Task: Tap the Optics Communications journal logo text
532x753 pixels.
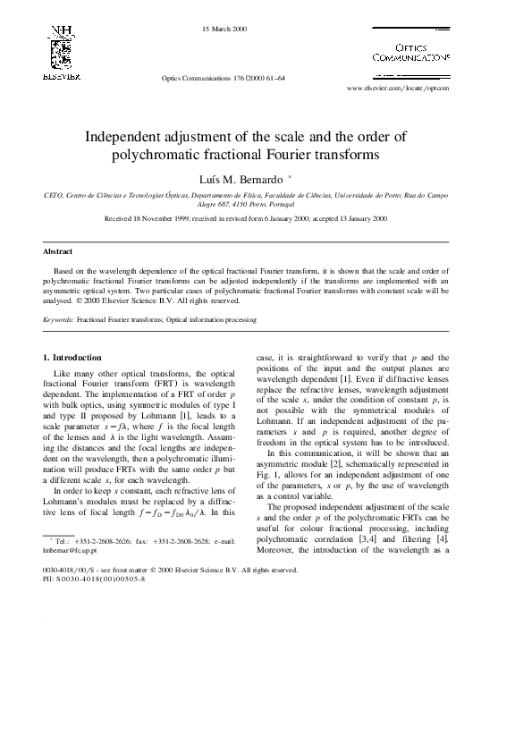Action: [410, 52]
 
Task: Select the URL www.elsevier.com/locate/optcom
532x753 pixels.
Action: [397, 89]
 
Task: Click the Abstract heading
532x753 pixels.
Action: [58, 251]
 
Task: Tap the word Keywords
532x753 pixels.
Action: [58, 318]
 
